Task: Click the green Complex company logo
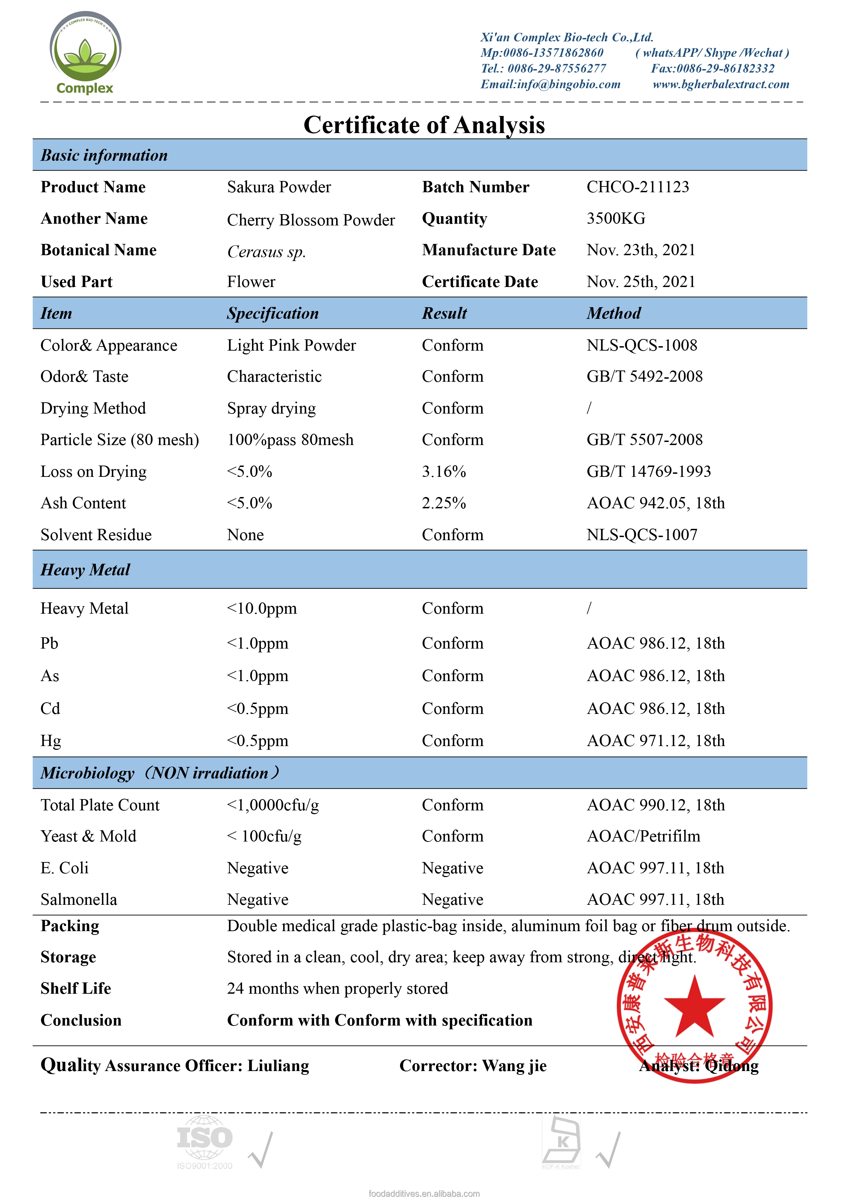coord(85,53)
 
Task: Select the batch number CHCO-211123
coord(637,187)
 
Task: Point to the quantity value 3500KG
coord(615,219)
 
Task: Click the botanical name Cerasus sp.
coord(266,252)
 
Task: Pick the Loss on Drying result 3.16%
coord(443,471)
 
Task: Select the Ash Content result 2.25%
coord(443,503)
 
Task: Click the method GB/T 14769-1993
coord(648,471)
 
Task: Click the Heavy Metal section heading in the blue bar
coord(85,570)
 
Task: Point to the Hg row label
coord(51,741)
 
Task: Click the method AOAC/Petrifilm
coord(643,837)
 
